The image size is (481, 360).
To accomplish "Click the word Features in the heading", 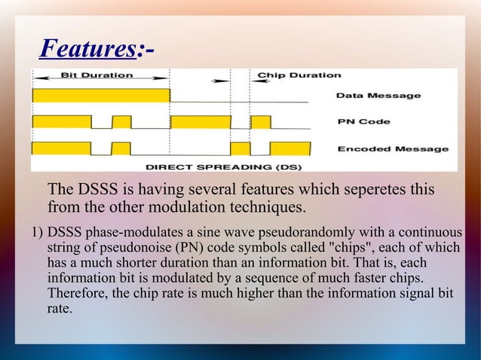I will pos(87,50).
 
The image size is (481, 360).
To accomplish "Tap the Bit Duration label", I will pos(97,75).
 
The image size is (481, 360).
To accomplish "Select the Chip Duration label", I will pos(299,75).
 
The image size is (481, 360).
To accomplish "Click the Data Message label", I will pos(378,96).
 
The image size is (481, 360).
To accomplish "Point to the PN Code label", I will pos(363,122).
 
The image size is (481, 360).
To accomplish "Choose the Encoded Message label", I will pos(392,148).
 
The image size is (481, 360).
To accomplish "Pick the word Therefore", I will pos(78,292).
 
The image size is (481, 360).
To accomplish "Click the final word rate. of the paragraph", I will pos(60,308).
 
